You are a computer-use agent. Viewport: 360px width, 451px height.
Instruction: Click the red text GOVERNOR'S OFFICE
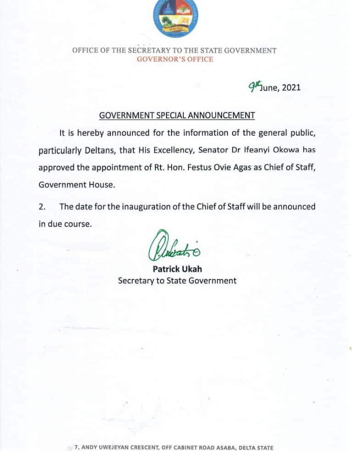click(175, 59)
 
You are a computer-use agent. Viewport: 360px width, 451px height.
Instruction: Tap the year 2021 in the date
click(291, 88)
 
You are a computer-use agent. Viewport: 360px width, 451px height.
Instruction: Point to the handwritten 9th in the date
click(253, 86)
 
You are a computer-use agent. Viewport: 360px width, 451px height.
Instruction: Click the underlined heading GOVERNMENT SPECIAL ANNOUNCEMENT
click(177, 116)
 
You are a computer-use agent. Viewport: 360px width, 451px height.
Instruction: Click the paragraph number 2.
click(42, 206)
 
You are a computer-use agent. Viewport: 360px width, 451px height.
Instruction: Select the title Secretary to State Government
click(177, 280)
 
